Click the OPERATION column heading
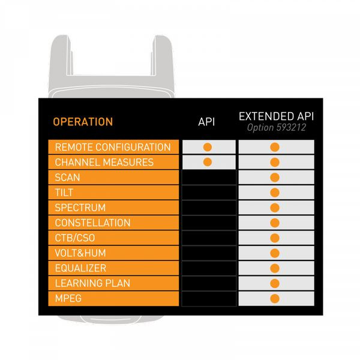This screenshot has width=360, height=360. (x=83, y=122)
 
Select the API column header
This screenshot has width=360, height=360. (x=206, y=122)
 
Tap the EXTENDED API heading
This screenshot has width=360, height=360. (x=276, y=116)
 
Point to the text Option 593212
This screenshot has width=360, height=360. (x=277, y=127)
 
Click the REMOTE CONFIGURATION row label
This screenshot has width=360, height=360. (x=113, y=147)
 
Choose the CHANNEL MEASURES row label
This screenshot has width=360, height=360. (x=104, y=163)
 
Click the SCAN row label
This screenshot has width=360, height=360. (x=67, y=178)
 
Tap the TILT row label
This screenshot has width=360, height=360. (x=64, y=193)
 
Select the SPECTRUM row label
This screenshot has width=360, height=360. (x=80, y=208)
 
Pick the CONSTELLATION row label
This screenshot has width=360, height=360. (x=92, y=223)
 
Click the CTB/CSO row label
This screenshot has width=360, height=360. (x=75, y=238)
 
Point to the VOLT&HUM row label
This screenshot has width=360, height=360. (x=80, y=253)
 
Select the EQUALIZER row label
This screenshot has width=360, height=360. (x=80, y=268)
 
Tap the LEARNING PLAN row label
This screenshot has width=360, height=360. (x=92, y=283)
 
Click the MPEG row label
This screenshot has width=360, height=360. (x=68, y=298)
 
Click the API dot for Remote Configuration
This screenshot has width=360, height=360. (x=208, y=147)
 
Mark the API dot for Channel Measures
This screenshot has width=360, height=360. (x=208, y=162)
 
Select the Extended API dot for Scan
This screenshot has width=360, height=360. (x=275, y=178)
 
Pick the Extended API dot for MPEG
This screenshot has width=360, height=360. (x=275, y=299)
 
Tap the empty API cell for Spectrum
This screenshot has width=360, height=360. (x=209, y=208)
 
